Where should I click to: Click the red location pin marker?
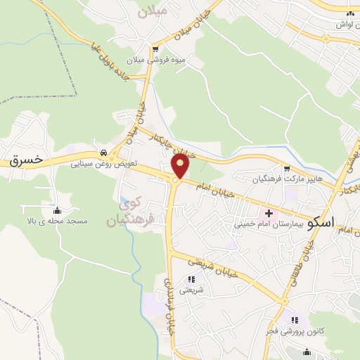[181, 166]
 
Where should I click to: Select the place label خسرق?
[26, 160]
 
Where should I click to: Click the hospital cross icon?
[268, 213]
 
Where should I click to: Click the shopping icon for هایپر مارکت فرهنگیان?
[287, 168]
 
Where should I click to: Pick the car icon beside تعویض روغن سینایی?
[104, 153]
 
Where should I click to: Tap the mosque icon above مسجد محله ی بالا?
[57, 211]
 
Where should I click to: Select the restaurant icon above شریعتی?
[191, 279]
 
